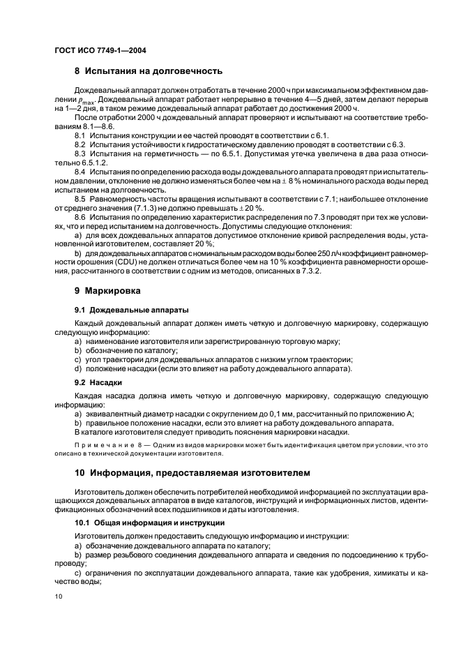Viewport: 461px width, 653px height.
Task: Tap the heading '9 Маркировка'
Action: [x=107, y=289]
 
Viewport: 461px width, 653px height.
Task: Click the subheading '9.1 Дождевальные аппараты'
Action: [x=124, y=309]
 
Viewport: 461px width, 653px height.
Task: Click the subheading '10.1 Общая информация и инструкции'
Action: [x=149, y=522]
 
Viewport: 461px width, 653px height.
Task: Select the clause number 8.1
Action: [x=80, y=135]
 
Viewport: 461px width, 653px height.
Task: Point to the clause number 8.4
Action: [x=80, y=172]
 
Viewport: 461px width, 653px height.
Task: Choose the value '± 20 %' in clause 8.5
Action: [x=251, y=209]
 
